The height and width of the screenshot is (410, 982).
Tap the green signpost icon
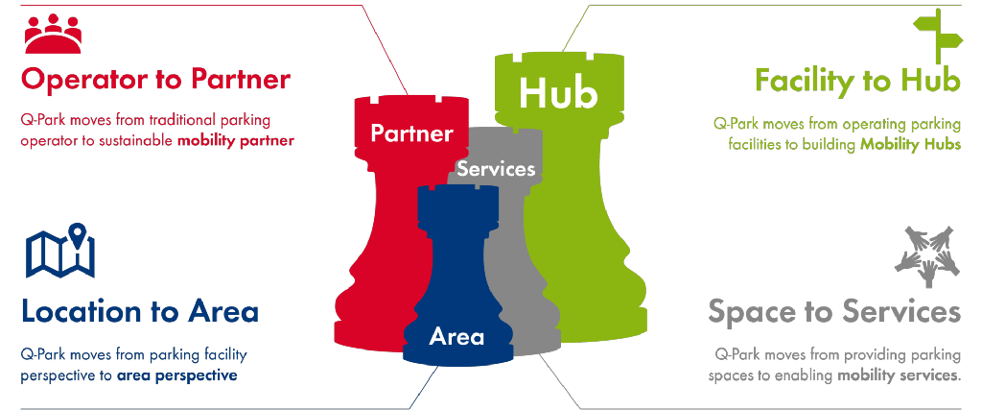pyautogui.click(x=938, y=36)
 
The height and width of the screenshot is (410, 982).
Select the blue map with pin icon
pyautogui.click(x=60, y=251)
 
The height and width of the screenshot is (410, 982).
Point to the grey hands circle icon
pyautogui.click(x=927, y=256)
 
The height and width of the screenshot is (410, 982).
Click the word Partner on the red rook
pyautogui.click(x=410, y=133)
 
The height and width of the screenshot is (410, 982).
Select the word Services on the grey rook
pyautogui.click(x=496, y=169)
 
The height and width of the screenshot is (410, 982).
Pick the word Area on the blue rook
pyautogui.click(x=456, y=337)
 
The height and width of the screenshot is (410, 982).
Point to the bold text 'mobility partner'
pyautogui.click(x=236, y=140)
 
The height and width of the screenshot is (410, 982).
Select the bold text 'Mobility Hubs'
pyautogui.click(x=910, y=144)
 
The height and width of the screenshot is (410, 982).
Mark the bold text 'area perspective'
pyautogui.click(x=177, y=376)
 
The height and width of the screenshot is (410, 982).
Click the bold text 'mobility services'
pyautogui.click(x=899, y=376)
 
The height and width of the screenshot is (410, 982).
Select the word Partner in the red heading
pyautogui.click(x=241, y=80)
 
